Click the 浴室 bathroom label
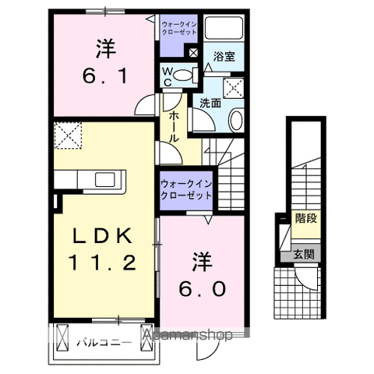click(x=226, y=57)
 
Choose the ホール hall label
click(x=171, y=125)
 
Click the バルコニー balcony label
click(x=104, y=341)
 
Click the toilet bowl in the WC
click(x=185, y=76)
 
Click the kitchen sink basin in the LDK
click(x=105, y=180)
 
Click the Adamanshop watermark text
click(x=188, y=336)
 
